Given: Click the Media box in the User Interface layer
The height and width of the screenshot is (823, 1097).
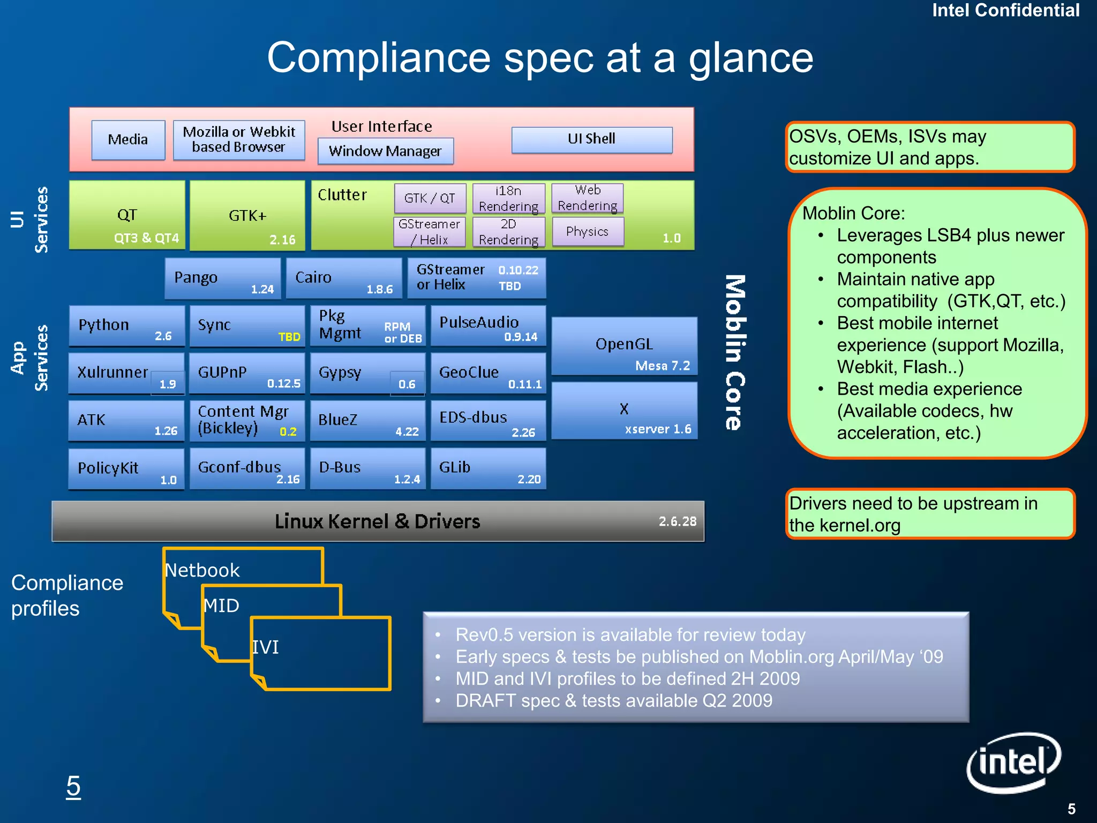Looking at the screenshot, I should (128, 140).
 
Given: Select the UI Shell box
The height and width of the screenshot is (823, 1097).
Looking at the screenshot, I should (591, 139).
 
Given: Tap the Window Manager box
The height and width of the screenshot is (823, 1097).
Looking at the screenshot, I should (385, 151).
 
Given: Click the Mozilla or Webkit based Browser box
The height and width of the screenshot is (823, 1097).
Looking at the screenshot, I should (239, 140).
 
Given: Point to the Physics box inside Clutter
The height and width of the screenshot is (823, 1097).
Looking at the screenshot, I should (588, 231).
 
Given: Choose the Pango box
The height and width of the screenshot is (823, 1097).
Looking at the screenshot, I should (222, 278).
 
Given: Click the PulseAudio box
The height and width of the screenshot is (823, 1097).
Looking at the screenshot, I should (488, 326).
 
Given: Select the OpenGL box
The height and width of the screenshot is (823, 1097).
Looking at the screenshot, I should (624, 346).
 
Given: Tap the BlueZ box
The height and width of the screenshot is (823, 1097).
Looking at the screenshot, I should (367, 421).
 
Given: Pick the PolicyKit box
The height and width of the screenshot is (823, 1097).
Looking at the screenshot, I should (126, 469).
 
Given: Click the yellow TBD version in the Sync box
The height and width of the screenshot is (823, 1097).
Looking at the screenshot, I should (289, 337).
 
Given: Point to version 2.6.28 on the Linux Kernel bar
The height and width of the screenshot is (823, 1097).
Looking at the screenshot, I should (678, 521).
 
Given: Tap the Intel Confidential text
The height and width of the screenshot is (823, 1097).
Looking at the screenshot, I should (1005, 10).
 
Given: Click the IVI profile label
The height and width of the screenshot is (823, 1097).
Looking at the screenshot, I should (266, 647).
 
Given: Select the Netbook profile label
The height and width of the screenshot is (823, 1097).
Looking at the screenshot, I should (202, 570).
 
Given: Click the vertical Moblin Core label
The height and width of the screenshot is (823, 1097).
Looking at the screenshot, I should (735, 353).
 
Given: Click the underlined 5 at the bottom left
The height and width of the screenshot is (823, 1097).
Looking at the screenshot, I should (73, 787).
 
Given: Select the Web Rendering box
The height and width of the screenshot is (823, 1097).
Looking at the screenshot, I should (588, 198).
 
